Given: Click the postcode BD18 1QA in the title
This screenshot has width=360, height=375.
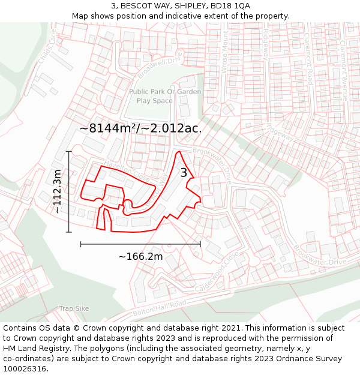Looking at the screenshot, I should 233,6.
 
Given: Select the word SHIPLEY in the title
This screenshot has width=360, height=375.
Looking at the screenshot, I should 191,6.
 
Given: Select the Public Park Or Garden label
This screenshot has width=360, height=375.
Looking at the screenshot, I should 165,92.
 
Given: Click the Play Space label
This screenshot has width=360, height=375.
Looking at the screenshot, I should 154,101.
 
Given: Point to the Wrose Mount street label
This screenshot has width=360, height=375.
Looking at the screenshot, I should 226,56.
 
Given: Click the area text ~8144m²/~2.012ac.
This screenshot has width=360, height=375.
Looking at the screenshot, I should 140,128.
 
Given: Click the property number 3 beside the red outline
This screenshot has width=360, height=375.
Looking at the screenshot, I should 184,173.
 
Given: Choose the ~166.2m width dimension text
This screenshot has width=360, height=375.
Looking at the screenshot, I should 140,256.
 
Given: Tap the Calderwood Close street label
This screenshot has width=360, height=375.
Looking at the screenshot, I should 217,272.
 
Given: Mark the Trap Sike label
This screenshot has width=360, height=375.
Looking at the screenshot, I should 74,308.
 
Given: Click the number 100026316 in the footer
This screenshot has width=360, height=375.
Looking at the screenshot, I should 26,369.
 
